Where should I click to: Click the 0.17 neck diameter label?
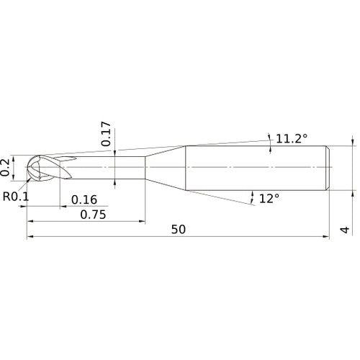(x=105, y=135)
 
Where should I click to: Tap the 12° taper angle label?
(x=269, y=197)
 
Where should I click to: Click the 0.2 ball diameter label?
(x=6, y=167)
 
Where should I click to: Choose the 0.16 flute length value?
(x=84, y=199)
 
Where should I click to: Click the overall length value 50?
(x=179, y=230)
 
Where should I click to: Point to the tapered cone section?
(x=166, y=168)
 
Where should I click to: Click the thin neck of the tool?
(x=108, y=168)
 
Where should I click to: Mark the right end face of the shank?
(x=330, y=168)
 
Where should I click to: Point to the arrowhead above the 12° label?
(x=253, y=192)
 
